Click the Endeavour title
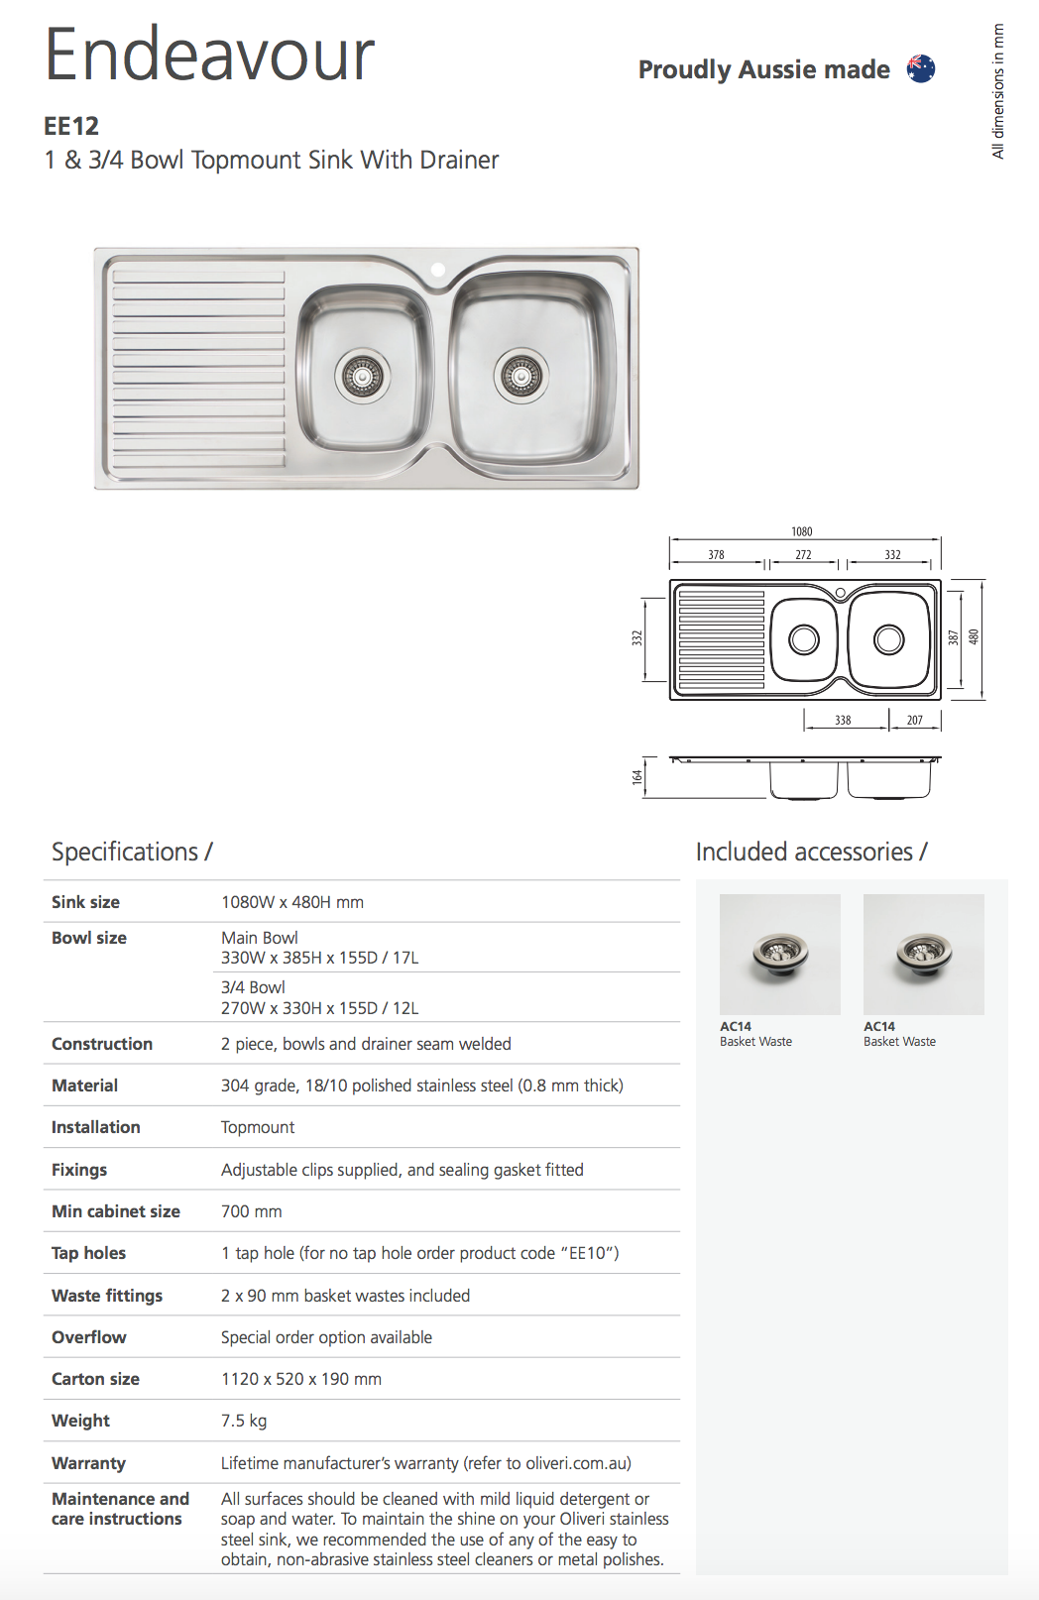pos(210,55)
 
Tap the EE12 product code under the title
pos(71,126)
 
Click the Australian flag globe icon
pos(921,68)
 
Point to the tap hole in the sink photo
pos(437,269)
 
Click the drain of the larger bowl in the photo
pos(521,376)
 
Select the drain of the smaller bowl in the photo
pos(362,376)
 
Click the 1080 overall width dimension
pos(802,532)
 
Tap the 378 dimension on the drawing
pos(716,555)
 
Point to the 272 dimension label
pos(803,555)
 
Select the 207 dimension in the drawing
pos(914,721)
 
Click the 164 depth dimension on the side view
pos(636,777)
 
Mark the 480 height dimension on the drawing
pos(974,637)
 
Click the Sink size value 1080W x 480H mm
pos(292,902)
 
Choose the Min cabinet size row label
pos(116,1211)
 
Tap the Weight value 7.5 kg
pos(244,1421)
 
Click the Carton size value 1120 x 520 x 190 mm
pos(301,1379)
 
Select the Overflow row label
pos(89,1337)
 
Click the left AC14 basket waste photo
pos(780,955)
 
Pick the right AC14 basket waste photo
pos(923,955)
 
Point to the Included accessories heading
pos(811,852)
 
